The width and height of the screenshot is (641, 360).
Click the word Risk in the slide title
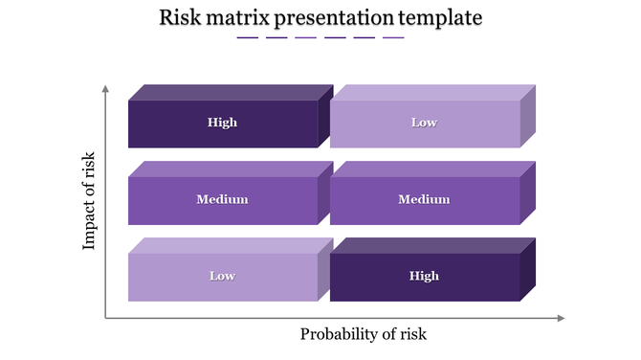point(181,17)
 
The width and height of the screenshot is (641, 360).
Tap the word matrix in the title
point(238,17)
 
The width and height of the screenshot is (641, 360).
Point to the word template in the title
point(439,17)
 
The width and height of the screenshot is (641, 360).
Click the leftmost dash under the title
point(248,38)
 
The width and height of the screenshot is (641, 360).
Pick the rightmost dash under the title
point(393,38)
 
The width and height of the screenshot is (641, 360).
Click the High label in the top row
point(222,123)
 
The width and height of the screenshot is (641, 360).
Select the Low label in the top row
point(424,123)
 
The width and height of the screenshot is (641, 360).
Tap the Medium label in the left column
point(222,199)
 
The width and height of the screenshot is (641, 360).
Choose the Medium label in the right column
point(424,199)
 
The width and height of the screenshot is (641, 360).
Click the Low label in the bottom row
point(222,276)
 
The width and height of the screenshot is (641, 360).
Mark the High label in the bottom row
point(424,276)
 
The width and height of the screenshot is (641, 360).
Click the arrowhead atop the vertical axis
point(105,89)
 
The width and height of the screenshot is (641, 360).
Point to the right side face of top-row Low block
point(527,117)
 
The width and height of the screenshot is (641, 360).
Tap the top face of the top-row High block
point(230,93)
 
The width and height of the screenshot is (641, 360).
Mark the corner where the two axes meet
point(105,318)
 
